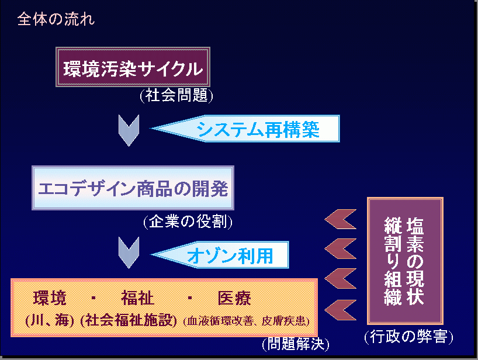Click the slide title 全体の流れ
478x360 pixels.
[56, 19]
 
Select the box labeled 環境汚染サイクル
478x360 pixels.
[133, 67]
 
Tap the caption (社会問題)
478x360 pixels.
[176, 95]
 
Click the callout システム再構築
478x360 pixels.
[245, 129]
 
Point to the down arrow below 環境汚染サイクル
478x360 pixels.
[129, 130]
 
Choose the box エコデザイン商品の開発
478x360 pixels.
[133, 188]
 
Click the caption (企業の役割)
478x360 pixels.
[188, 221]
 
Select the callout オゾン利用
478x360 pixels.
[220, 255]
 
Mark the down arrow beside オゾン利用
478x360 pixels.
[129, 252]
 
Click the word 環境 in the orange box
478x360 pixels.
[50, 298]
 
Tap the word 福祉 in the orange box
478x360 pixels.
[137, 298]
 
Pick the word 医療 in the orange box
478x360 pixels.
[234, 298]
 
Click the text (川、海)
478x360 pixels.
[50, 321]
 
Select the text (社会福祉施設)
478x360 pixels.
[129, 321]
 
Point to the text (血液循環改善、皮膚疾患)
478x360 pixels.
[247, 321]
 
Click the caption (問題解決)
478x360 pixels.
[296, 344]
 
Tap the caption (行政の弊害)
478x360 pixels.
[409, 337]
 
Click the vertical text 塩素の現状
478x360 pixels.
[415, 261]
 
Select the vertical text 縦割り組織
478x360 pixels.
[393, 261]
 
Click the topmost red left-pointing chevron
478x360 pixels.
[341, 219]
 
